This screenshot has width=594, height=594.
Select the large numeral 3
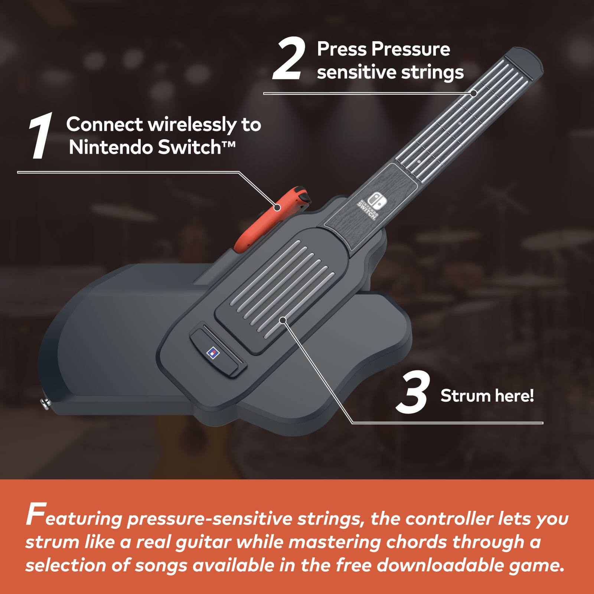(412, 394)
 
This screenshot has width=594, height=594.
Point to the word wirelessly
(192, 125)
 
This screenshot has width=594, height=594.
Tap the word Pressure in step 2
(411, 49)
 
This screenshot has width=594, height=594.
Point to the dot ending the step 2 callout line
(473, 93)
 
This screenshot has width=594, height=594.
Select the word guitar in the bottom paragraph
(207, 542)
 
